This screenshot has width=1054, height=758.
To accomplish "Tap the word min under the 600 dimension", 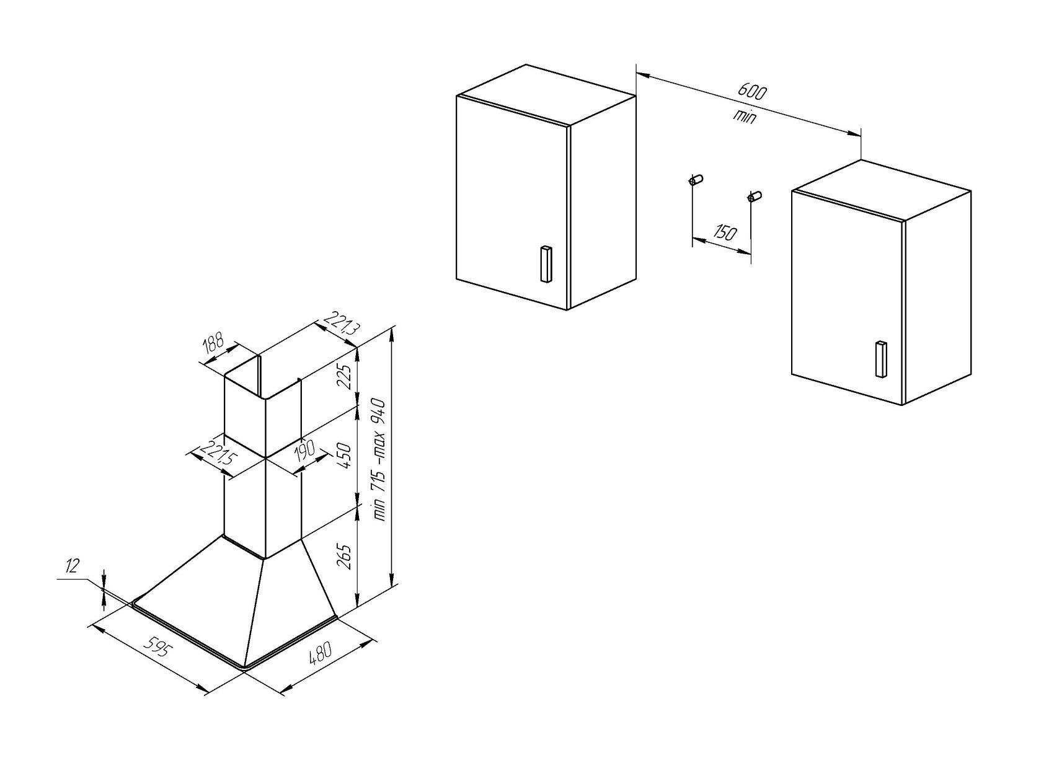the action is click(x=745, y=117).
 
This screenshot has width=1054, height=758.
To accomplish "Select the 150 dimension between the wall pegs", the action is click(x=725, y=232).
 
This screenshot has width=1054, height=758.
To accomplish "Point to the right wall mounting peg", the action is click(x=754, y=196).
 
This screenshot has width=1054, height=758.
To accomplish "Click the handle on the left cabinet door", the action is click(x=546, y=264).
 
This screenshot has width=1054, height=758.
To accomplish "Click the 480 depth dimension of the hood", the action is click(x=321, y=653).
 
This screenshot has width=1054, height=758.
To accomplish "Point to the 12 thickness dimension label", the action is click(x=72, y=566).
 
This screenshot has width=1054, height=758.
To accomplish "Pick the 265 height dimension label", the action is click(x=346, y=557).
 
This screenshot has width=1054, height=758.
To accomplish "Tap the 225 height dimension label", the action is click(x=346, y=376).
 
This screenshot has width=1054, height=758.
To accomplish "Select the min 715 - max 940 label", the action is click(x=379, y=460).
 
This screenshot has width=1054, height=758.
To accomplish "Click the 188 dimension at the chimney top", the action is click(x=214, y=346).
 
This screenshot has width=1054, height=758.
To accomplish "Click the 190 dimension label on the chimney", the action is click(x=305, y=451).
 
